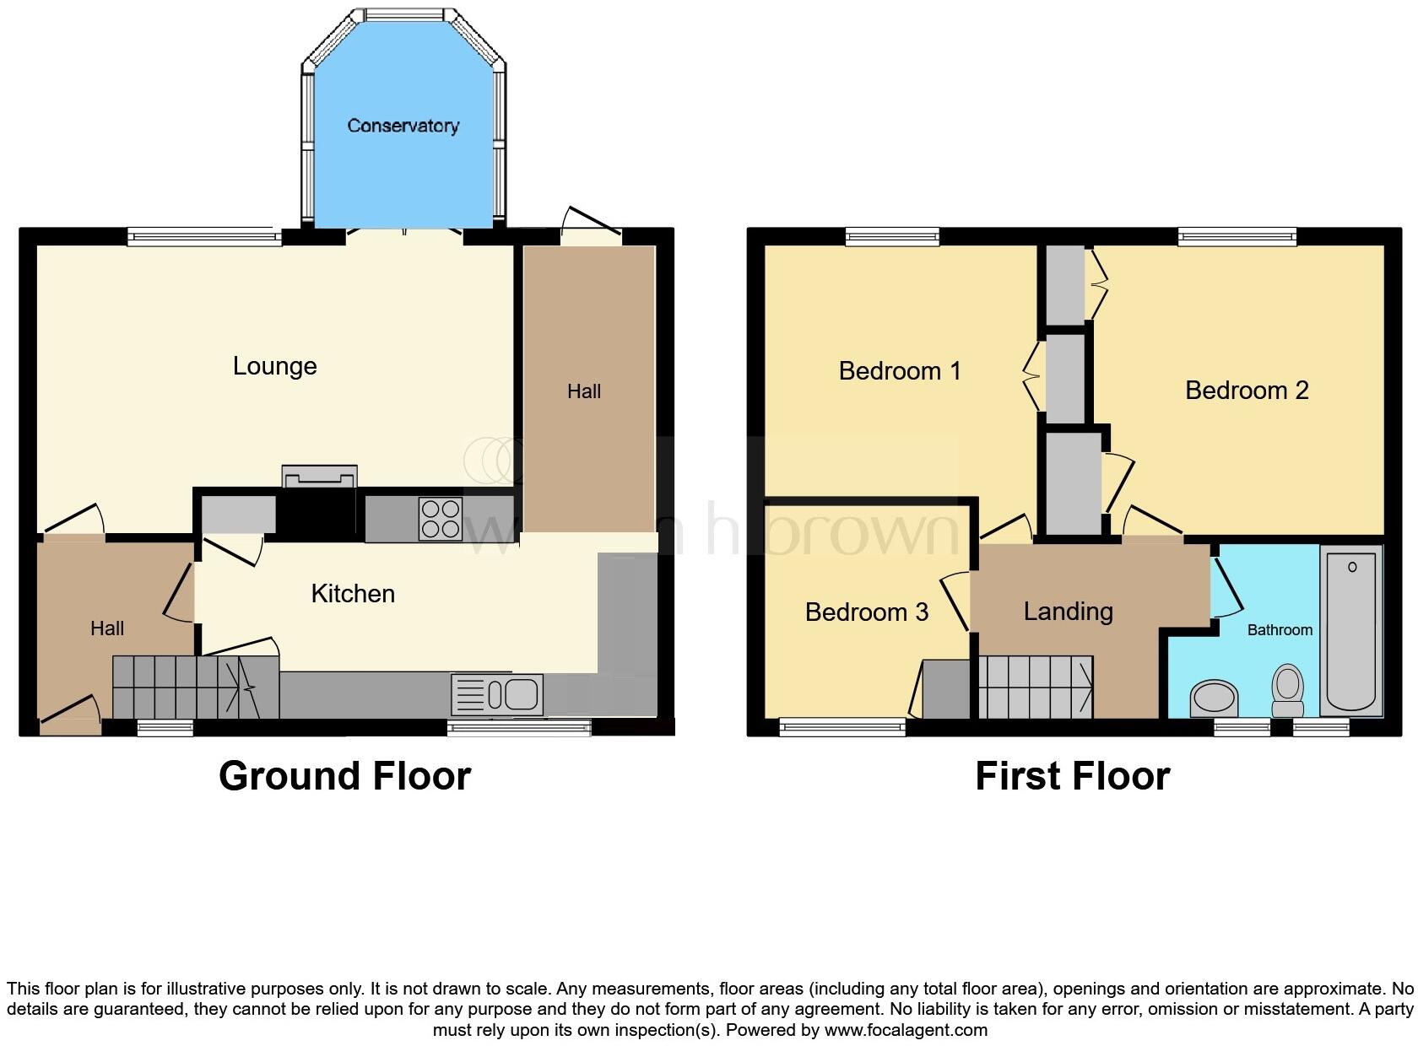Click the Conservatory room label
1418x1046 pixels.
(403, 126)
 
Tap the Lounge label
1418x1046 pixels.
(275, 366)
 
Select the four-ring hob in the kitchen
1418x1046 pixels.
(441, 519)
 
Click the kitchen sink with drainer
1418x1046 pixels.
(497, 695)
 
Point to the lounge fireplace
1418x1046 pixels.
(319, 477)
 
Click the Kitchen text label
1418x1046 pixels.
(353, 594)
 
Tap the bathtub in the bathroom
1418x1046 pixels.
(1350, 629)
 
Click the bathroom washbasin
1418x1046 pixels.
(1214, 698)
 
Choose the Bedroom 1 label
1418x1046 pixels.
(900, 371)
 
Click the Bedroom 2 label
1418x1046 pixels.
(1247, 391)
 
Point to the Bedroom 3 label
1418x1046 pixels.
(867, 612)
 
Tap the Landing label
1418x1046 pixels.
(1068, 612)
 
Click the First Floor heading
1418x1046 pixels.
(1072, 776)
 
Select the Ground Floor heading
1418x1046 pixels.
(344, 776)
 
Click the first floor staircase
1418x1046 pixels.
(1036, 687)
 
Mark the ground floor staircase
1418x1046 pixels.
(194, 687)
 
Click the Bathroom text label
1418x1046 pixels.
(1280, 630)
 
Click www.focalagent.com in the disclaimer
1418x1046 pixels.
(906, 1030)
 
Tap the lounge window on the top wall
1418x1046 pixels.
(204, 237)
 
